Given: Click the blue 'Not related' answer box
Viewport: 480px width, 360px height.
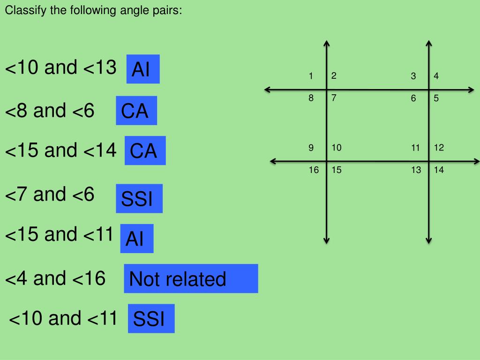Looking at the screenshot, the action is point(191,278).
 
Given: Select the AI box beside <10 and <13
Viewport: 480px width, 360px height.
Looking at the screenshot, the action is point(143,69).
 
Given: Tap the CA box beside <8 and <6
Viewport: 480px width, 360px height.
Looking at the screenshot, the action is point(136,111).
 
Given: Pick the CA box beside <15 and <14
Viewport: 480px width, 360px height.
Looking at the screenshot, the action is point(145,150).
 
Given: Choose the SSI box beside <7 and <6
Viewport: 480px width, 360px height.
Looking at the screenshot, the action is point(139,199).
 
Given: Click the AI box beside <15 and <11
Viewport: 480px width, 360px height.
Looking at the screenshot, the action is point(136,239).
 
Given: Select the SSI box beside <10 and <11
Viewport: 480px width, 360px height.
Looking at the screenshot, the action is point(151,319).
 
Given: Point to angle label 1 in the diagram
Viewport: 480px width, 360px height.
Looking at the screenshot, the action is point(310,76).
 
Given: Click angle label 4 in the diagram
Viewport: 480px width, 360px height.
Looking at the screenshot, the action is point(436,76).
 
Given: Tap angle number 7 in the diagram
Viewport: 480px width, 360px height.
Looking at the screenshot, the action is point(334,98).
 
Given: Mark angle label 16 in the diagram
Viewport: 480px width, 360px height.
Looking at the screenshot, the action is point(313,170).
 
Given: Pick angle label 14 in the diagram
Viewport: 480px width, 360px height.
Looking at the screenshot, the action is point(439,170).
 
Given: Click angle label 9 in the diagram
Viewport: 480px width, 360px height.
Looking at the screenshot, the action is point(311,148).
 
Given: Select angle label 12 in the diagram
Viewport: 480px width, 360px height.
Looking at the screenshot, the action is point(439,148).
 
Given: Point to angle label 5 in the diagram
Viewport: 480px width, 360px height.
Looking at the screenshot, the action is point(436,98).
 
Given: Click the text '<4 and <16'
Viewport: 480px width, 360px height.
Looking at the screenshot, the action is point(55,279).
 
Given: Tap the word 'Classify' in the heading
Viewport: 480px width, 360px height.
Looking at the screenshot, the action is point(21,10).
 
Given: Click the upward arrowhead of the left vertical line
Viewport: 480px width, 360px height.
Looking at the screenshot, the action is point(327,44).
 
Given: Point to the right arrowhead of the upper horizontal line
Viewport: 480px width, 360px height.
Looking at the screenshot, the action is point(472,90).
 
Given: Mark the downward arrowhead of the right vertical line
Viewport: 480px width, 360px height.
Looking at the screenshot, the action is point(429,240).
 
